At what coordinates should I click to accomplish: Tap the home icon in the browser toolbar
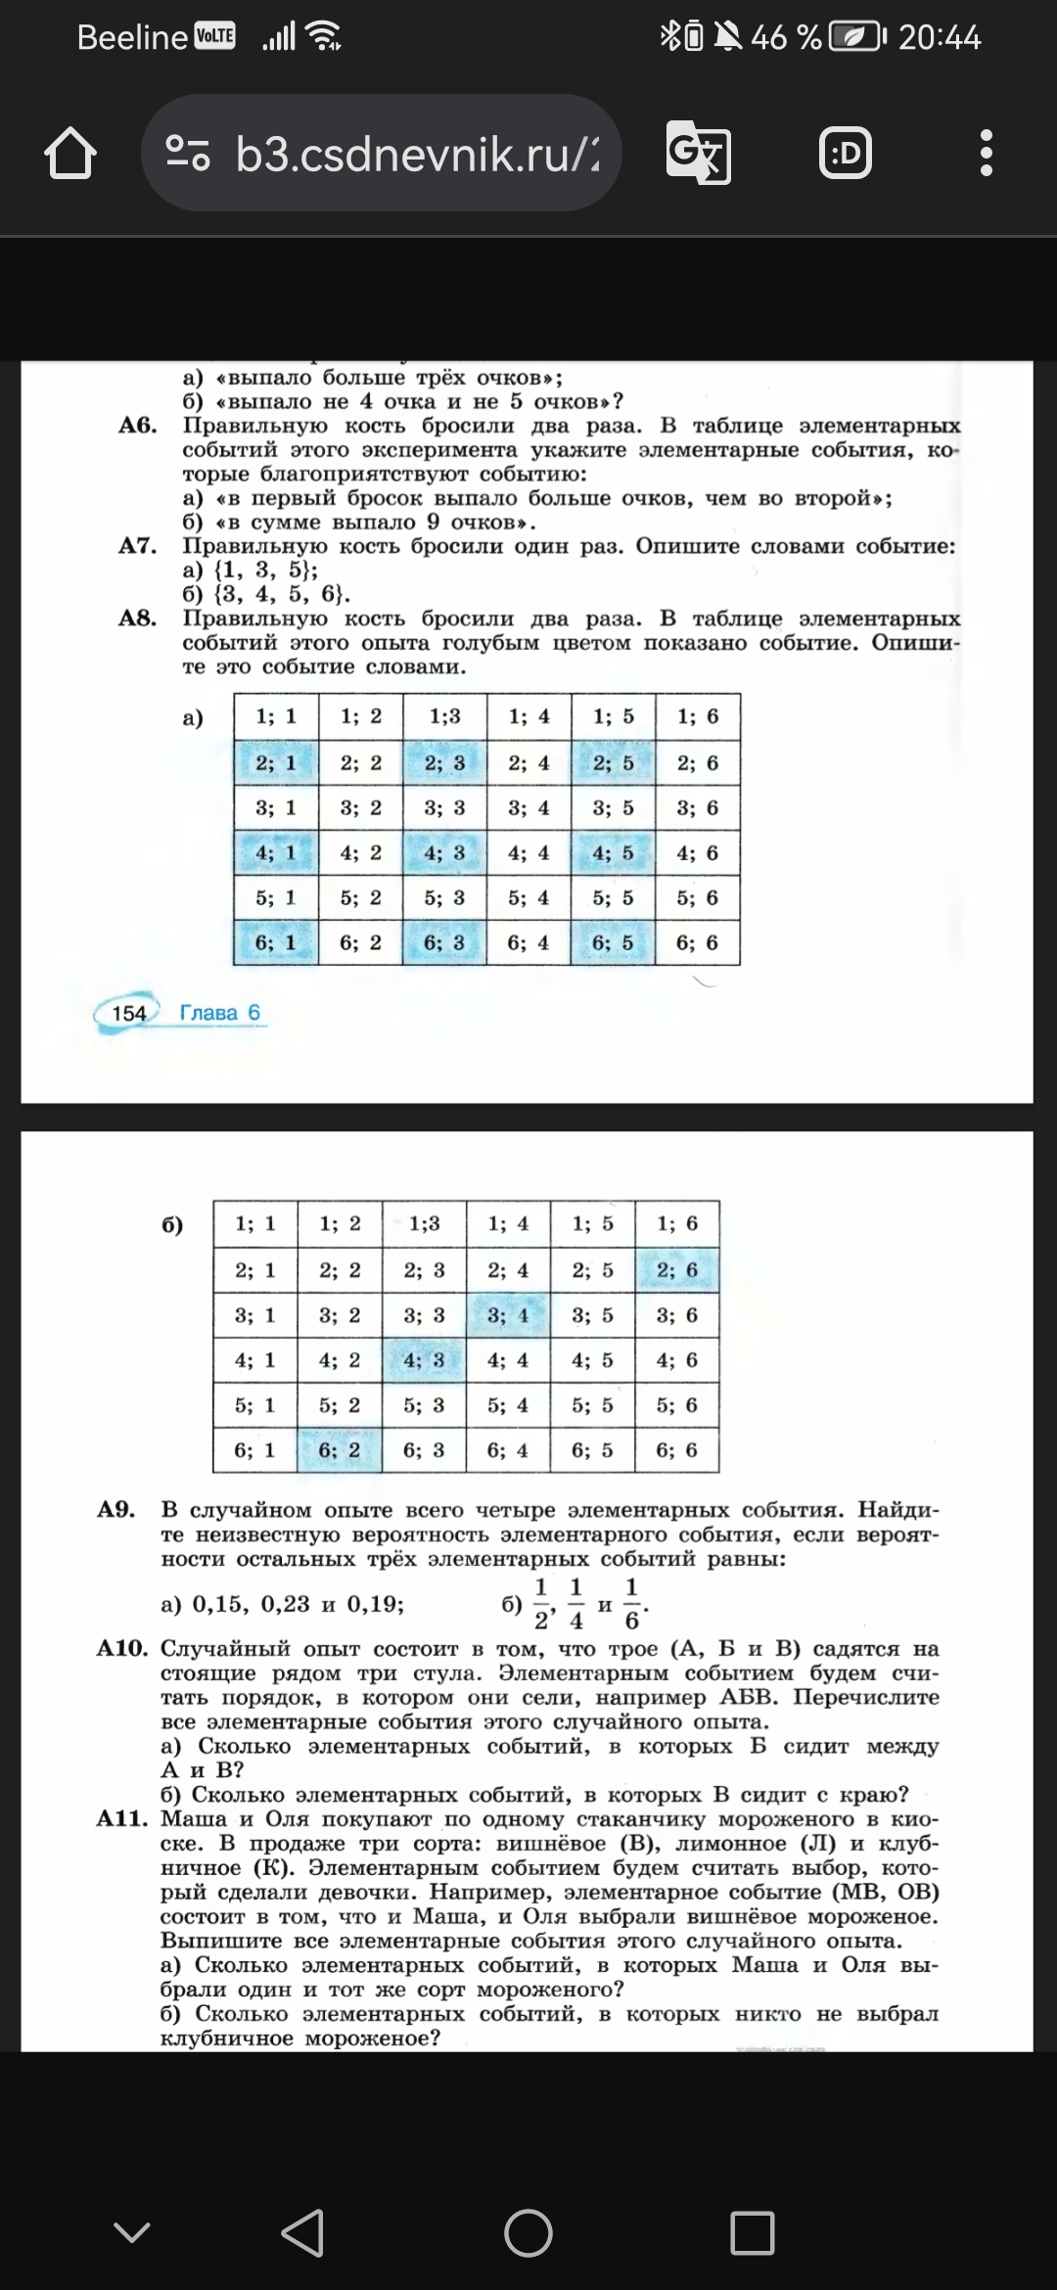(x=70, y=155)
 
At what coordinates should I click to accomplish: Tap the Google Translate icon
(x=698, y=154)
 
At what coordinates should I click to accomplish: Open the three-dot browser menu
(x=986, y=154)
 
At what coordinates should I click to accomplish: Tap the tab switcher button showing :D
(x=846, y=154)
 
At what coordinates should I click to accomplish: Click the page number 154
(x=128, y=1013)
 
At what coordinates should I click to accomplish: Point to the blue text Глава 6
(x=220, y=1013)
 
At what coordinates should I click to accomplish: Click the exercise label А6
(x=137, y=426)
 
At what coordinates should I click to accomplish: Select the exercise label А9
(x=116, y=1509)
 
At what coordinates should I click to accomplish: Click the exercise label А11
(x=121, y=1819)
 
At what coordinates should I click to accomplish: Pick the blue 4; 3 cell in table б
(x=424, y=1360)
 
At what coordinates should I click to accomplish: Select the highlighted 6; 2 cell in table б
(x=340, y=1450)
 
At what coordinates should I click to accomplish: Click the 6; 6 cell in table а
(x=697, y=942)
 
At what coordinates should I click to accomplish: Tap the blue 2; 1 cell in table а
(x=275, y=762)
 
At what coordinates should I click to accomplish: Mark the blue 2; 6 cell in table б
(x=677, y=1270)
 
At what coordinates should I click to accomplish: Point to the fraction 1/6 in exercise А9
(x=631, y=1604)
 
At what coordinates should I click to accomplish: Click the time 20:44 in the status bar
(x=939, y=37)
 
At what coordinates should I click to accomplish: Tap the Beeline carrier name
(x=131, y=37)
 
